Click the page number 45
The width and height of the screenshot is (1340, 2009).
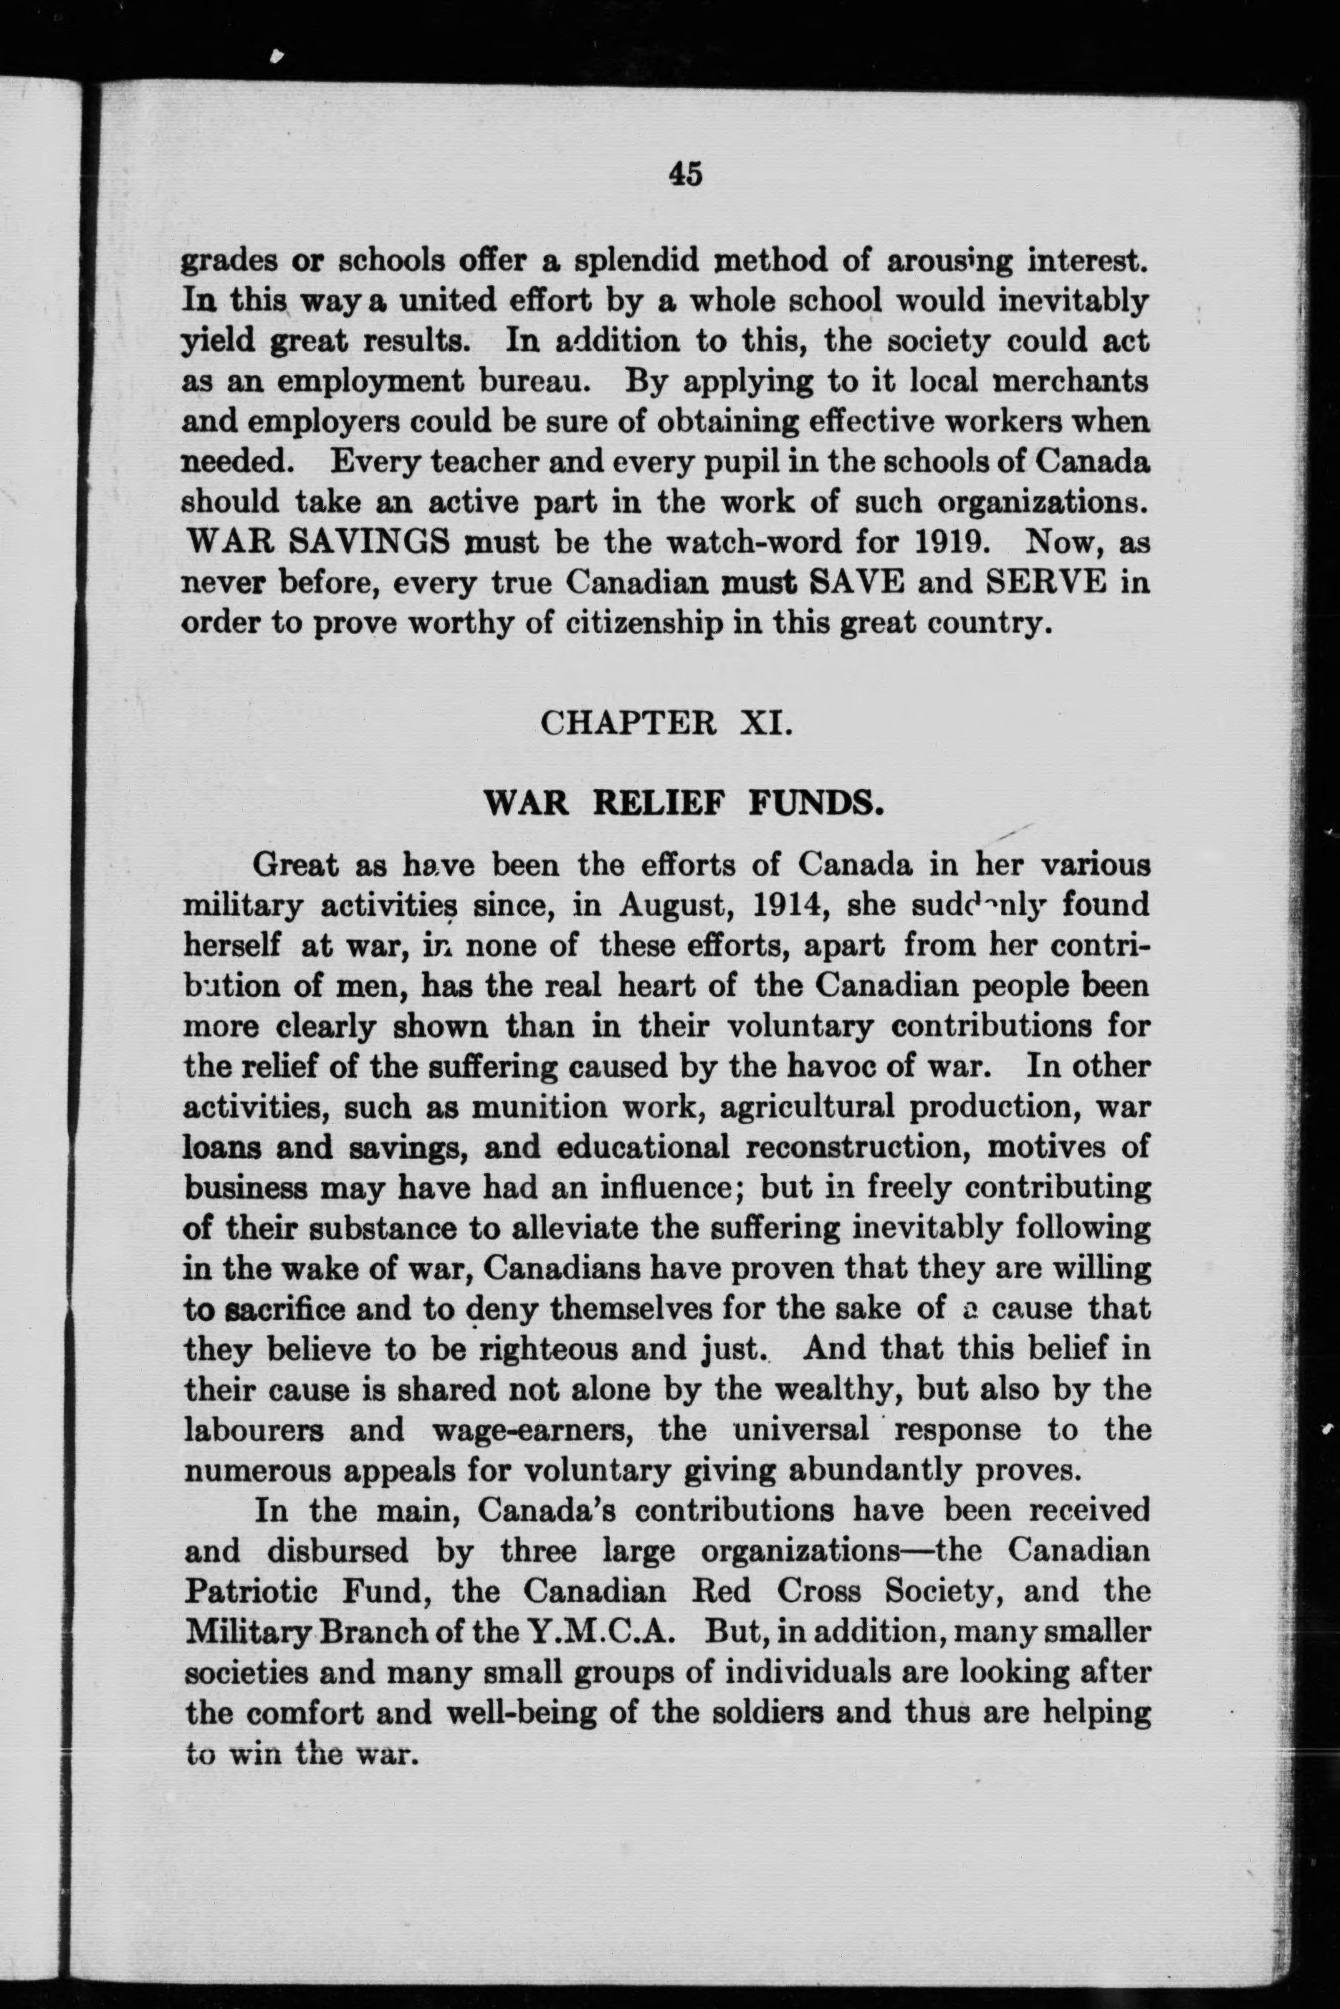(686, 174)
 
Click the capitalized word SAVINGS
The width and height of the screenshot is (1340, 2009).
(373, 542)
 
